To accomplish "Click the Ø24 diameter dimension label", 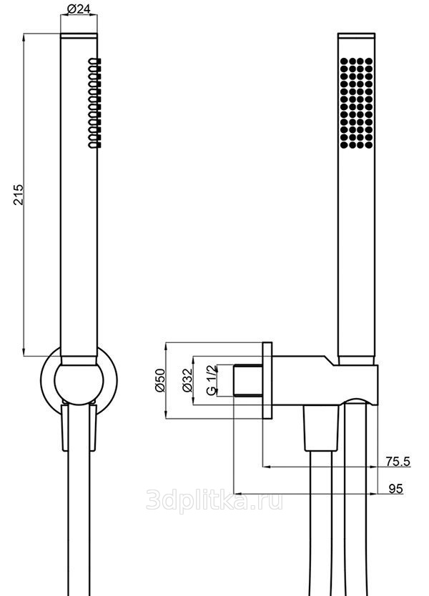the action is point(79,9).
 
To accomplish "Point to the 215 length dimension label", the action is point(19,194).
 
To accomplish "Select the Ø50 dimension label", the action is point(159,379).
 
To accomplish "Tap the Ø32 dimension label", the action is point(187,380).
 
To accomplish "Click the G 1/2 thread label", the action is point(211,380).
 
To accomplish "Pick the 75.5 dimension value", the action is point(398,462).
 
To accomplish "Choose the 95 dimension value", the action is point(395,489).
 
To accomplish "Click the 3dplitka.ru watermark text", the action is point(214,501).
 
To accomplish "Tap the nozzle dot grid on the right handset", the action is point(356,103).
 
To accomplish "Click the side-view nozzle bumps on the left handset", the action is point(94,103).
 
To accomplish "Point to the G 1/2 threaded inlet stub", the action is point(248,380).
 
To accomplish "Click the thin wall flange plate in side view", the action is point(267,381).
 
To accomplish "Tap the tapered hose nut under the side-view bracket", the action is point(321,428).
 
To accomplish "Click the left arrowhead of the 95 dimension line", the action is point(237,494).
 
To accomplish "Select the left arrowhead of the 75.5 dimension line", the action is point(267,467).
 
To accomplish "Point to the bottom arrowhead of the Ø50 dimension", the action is point(167,414).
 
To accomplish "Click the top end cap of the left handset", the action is point(79,36).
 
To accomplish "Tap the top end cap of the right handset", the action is point(356,36).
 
